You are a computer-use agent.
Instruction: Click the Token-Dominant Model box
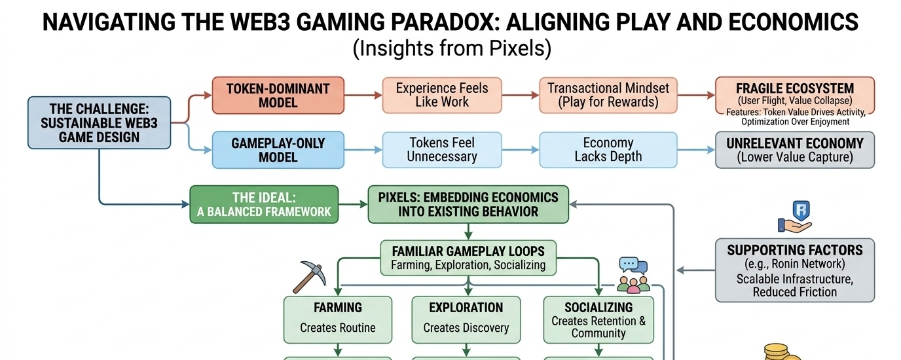(x=278, y=96)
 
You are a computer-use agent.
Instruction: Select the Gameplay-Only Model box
(x=278, y=150)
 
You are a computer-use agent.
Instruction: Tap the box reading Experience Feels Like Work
(x=442, y=96)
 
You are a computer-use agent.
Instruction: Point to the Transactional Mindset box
(x=608, y=96)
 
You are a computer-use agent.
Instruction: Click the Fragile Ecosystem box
(x=795, y=101)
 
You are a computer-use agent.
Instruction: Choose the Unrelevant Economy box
(x=795, y=150)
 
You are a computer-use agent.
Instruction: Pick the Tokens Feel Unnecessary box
(x=442, y=150)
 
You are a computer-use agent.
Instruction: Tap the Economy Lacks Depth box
(x=608, y=150)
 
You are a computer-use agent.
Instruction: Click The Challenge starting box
(x=99, y=122)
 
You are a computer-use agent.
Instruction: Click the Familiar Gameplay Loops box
(x=468, y=257)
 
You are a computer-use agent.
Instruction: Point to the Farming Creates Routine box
(x=337, y=319)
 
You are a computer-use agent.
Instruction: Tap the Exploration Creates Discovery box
(x=466, y=319)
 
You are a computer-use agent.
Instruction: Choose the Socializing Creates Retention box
(x=598, y=319)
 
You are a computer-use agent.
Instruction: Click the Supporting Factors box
(x=795, y=270)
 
